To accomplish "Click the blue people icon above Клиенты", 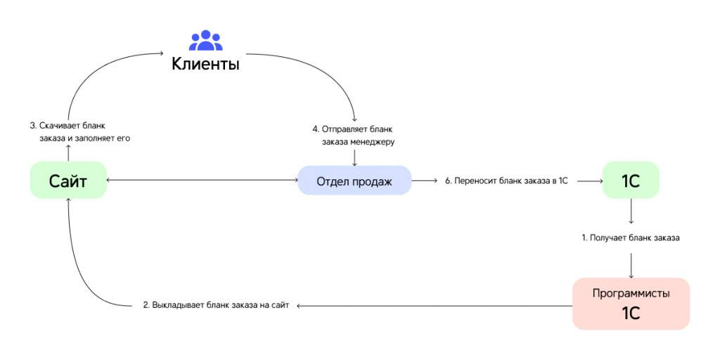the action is coord(206,40).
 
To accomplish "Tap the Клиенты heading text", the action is coord(205,64).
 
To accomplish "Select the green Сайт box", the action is coord(68,180).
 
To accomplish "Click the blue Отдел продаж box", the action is coord(354,181).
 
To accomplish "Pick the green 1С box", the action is coord(631,181).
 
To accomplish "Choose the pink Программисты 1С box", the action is coord(631,304).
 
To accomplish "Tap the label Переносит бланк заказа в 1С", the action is coord(507,181).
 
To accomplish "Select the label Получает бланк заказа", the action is coord(631,238).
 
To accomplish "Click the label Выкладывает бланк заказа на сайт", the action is coord(216,305).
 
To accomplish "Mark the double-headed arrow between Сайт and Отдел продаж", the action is coord(202,181).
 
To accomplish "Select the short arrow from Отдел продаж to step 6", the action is coord(424,181).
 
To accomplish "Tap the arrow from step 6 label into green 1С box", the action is coord(590,181).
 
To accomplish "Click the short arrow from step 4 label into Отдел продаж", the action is coord(354,157).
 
